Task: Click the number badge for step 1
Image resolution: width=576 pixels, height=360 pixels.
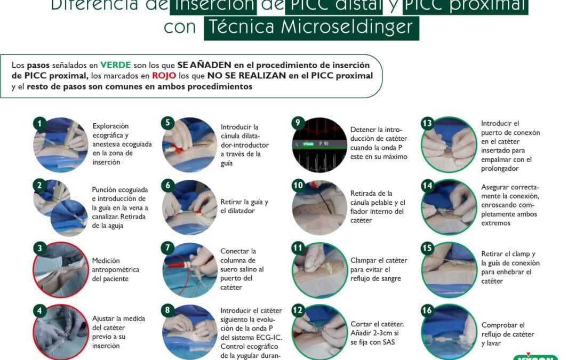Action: (39, 123)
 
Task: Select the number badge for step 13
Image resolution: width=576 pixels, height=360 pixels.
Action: (427, 123)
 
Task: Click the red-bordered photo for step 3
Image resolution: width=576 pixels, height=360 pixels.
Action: (60, 269)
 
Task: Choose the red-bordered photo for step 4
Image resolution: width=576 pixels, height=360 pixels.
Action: (60, 331)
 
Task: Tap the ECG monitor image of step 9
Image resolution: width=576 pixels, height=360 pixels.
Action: (319, 144)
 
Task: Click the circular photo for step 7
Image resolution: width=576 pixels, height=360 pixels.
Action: (189, 269)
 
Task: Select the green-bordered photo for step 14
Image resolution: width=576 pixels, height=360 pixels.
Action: (449, 207)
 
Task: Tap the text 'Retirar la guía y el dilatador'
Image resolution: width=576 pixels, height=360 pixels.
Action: (244, 206)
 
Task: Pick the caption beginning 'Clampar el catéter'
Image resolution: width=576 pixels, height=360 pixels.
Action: (379, 269)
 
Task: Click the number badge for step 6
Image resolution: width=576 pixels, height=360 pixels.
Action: (168, 186)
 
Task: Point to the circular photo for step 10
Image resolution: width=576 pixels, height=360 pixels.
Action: (319, 207)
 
